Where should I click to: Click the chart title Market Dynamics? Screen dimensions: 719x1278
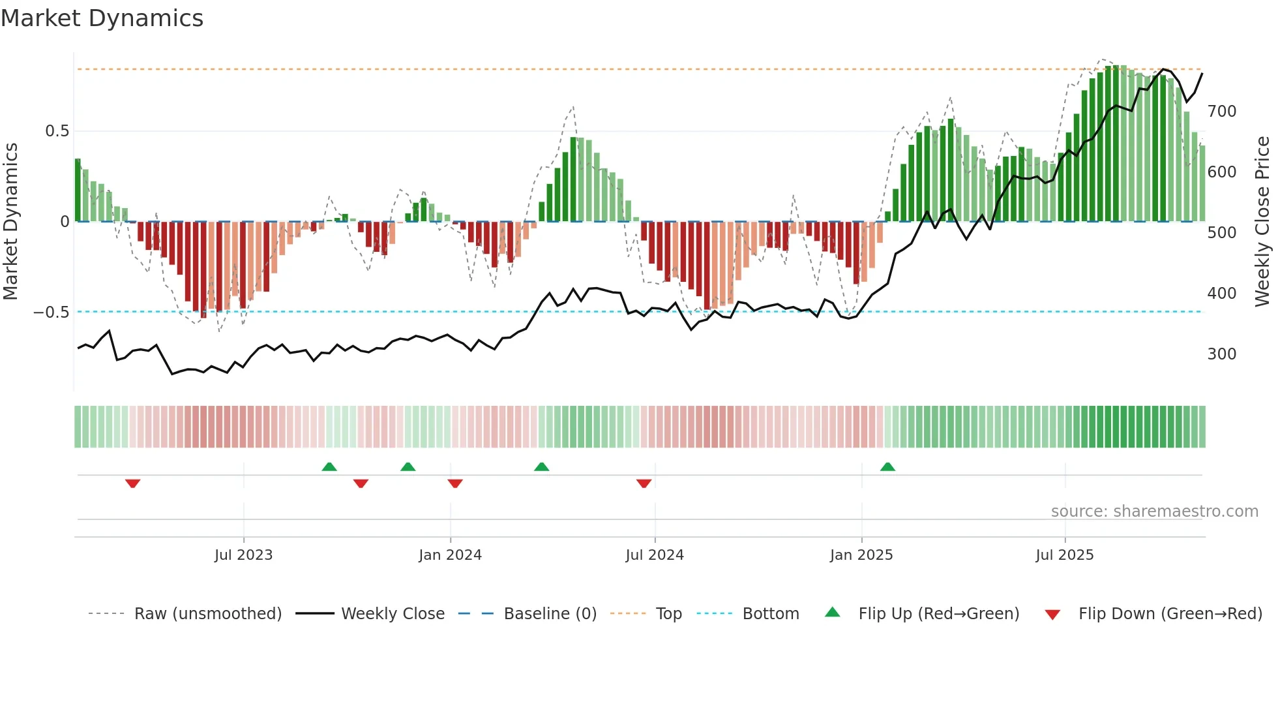[102, 18]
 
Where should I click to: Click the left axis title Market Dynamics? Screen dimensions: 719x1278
[11, 222]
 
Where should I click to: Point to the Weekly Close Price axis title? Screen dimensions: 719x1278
[1262, 222]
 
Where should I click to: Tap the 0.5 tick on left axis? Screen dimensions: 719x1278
[57, 131]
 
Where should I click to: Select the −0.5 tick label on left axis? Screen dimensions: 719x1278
[52, 313]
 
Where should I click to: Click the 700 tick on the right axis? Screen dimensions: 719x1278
[1221, 112]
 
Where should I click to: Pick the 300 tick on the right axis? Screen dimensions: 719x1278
[1221, 354]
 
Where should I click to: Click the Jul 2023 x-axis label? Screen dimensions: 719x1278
[243, 555]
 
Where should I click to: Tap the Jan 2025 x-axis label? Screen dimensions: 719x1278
[861, 555]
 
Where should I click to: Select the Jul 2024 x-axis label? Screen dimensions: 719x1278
[654, 555]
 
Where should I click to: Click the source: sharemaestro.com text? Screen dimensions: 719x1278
[1154, 512]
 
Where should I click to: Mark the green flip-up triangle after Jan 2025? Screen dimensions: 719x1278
[887, 467]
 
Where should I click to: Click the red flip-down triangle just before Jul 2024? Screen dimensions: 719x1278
[644, 483]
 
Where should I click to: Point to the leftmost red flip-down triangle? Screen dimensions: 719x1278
[132, 483]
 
